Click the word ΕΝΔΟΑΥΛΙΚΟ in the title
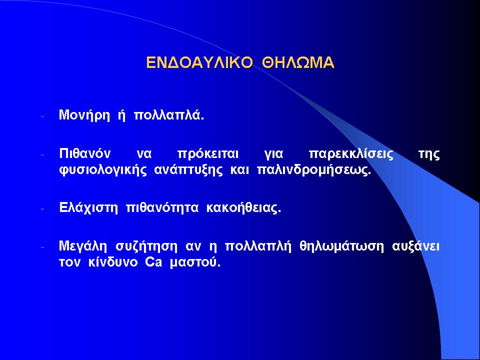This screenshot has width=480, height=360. [199, 62]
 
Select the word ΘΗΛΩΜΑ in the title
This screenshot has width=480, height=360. [298, 62]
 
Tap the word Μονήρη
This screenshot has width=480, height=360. [84, 115]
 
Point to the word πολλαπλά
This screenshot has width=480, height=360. [169, 115]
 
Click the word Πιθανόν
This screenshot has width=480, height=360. [85, 153]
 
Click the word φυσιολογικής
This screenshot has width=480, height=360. [103, 170]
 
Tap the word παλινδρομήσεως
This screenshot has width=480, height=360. [314, 170]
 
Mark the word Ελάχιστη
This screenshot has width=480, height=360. [88, 208]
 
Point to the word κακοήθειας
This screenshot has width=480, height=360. [243, 208]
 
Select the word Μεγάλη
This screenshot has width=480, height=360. [82, 246]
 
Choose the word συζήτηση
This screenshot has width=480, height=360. [146, 246]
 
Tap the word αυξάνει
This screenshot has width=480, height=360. [415, 246]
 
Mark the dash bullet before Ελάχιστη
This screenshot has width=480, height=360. [42, 209]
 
